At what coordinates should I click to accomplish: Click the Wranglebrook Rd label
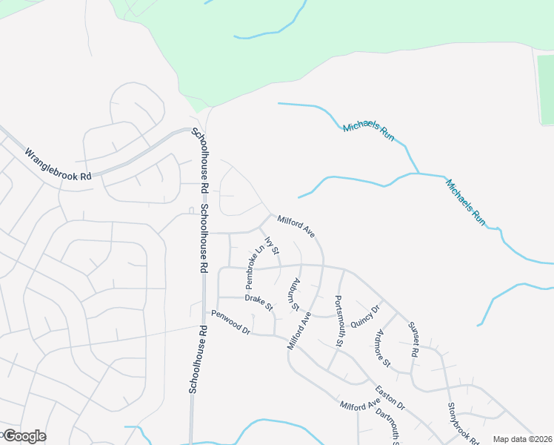58,165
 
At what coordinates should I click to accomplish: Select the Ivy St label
271,247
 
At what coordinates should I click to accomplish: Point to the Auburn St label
296,294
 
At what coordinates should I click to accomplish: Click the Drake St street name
259,302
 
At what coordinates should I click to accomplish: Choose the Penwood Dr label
230,323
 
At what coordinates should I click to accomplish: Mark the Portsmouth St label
339,321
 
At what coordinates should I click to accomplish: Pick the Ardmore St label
383,347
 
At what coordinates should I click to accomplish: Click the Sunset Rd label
413,337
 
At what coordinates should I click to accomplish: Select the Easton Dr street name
390,398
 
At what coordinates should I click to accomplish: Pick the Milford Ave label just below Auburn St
298,331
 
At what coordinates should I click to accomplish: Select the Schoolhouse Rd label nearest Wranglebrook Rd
200,152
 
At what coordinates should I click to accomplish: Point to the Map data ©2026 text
522,439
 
